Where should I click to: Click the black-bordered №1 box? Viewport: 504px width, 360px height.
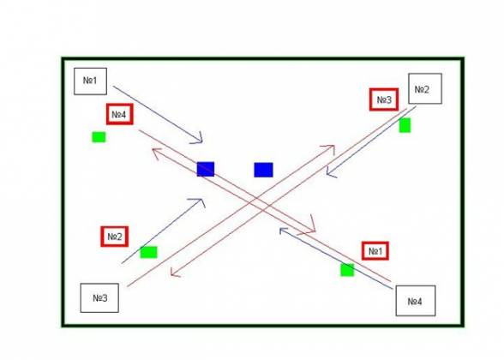tap(90, 81)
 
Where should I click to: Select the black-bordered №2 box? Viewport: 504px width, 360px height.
tap(425, 88)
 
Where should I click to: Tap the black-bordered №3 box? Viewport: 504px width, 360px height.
tap(99, 297)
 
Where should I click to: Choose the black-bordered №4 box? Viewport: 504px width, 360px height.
tap(416, 301)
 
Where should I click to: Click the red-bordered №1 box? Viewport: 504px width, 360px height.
tap(375, 250)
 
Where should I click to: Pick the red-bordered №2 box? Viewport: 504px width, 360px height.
tap(115, 237)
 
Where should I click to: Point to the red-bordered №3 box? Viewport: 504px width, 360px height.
tap(384, 99)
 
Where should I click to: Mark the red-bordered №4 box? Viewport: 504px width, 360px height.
tap(120, 114)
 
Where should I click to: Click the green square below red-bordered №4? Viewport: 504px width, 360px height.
tap(99, 137)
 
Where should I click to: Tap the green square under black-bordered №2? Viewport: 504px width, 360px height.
tap(405, 125)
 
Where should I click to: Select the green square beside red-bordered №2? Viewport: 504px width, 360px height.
tap(149, 252)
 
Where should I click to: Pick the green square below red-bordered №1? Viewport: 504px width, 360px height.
tap(347, 270)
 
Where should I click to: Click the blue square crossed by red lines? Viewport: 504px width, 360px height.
tap(206, 169)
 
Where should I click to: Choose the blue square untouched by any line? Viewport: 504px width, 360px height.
tap(264, 170)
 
